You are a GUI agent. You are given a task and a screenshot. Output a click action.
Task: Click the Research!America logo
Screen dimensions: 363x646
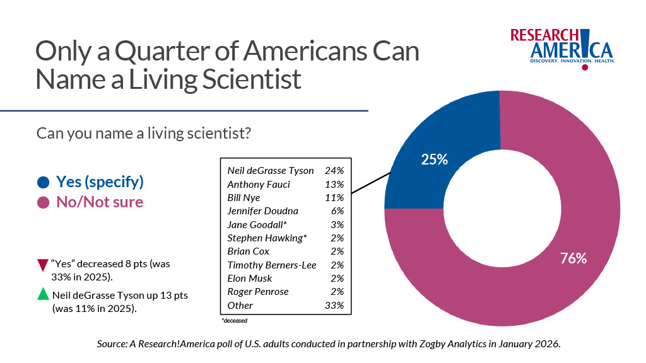tap(562, 47)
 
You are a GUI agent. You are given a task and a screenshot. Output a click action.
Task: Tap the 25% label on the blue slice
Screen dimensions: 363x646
tap(434, 159)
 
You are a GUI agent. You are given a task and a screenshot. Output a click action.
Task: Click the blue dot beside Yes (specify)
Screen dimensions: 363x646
tap(43, 183)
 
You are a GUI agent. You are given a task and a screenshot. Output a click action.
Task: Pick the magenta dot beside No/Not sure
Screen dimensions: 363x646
tap(43, 202)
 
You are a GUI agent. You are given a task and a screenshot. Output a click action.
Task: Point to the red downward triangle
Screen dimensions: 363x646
tap(43, 265)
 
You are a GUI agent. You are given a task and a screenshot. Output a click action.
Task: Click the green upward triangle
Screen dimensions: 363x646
tap(43, 294)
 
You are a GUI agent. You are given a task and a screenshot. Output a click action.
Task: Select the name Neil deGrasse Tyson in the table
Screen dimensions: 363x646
tap(271, 171)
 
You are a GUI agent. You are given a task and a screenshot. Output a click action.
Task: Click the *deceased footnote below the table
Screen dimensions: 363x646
tap(234, 320)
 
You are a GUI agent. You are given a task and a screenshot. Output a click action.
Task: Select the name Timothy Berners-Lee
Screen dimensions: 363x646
tap(272, 265)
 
